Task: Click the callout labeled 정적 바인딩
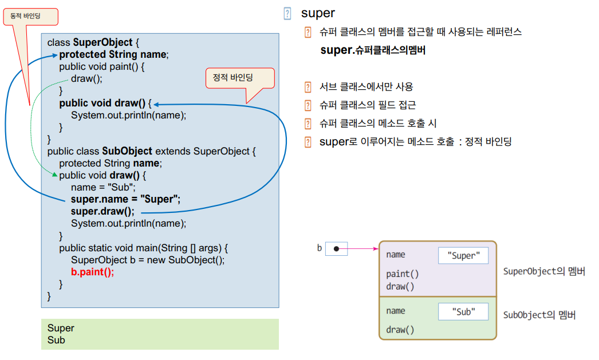click(240, 78)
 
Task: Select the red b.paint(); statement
click(92, 272)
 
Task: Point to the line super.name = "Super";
click(125, 199)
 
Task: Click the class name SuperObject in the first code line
click(103, 43)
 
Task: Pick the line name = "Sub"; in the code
click(103, 187)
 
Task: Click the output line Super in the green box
click(61, 328)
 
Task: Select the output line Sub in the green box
click(56, 340)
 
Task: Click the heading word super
click(318, 13)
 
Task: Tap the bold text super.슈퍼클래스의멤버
click(373, 50)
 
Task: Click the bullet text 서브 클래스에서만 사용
click(366, 87)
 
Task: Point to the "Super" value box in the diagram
click(463, 256)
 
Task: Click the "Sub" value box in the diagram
click(463, 312)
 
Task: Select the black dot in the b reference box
click(336, 249)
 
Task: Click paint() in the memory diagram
click(402, 274)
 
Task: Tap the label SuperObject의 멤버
click(544, 272)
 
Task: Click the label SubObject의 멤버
click(539, 315)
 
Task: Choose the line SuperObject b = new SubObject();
click(148, 260)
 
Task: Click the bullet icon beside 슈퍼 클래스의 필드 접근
click(308, 105)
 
